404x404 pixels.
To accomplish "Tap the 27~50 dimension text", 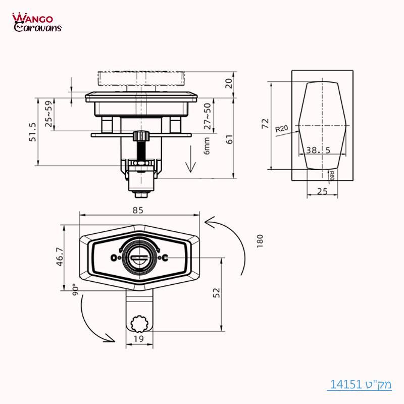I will (207, 117).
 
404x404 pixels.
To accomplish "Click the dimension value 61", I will (230, 140).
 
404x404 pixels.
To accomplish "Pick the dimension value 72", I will (265, 124).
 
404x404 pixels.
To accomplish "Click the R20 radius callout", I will (281, 129).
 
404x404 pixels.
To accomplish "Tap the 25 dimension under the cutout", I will (321, 190).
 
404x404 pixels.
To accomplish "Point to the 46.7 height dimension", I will (60, 257).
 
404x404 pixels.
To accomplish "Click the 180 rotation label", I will (260, 241).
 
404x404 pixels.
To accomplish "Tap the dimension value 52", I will (217, 293).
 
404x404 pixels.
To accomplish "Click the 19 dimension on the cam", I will (139, 339).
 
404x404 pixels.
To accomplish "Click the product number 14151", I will (347, 384).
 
